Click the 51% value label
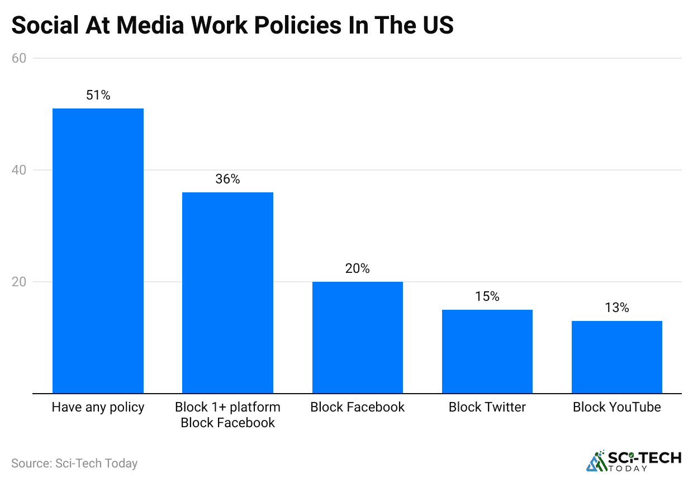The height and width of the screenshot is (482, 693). [x=98, y=95]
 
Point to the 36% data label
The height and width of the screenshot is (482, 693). [x=227, y=179]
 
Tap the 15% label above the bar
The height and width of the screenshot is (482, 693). [x=487, y=296]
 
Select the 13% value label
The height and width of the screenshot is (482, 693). [x=616, y=308]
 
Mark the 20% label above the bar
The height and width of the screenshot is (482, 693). [x=357, y=268]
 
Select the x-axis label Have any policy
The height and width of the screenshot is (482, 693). [x=98, y=407]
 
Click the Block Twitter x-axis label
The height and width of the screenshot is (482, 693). [x=487, y=407]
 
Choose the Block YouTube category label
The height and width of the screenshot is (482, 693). [x=616, y=407]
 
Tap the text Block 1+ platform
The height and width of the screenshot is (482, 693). [x=227, y=407]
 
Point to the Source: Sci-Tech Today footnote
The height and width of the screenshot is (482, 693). [x=74, y=464]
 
